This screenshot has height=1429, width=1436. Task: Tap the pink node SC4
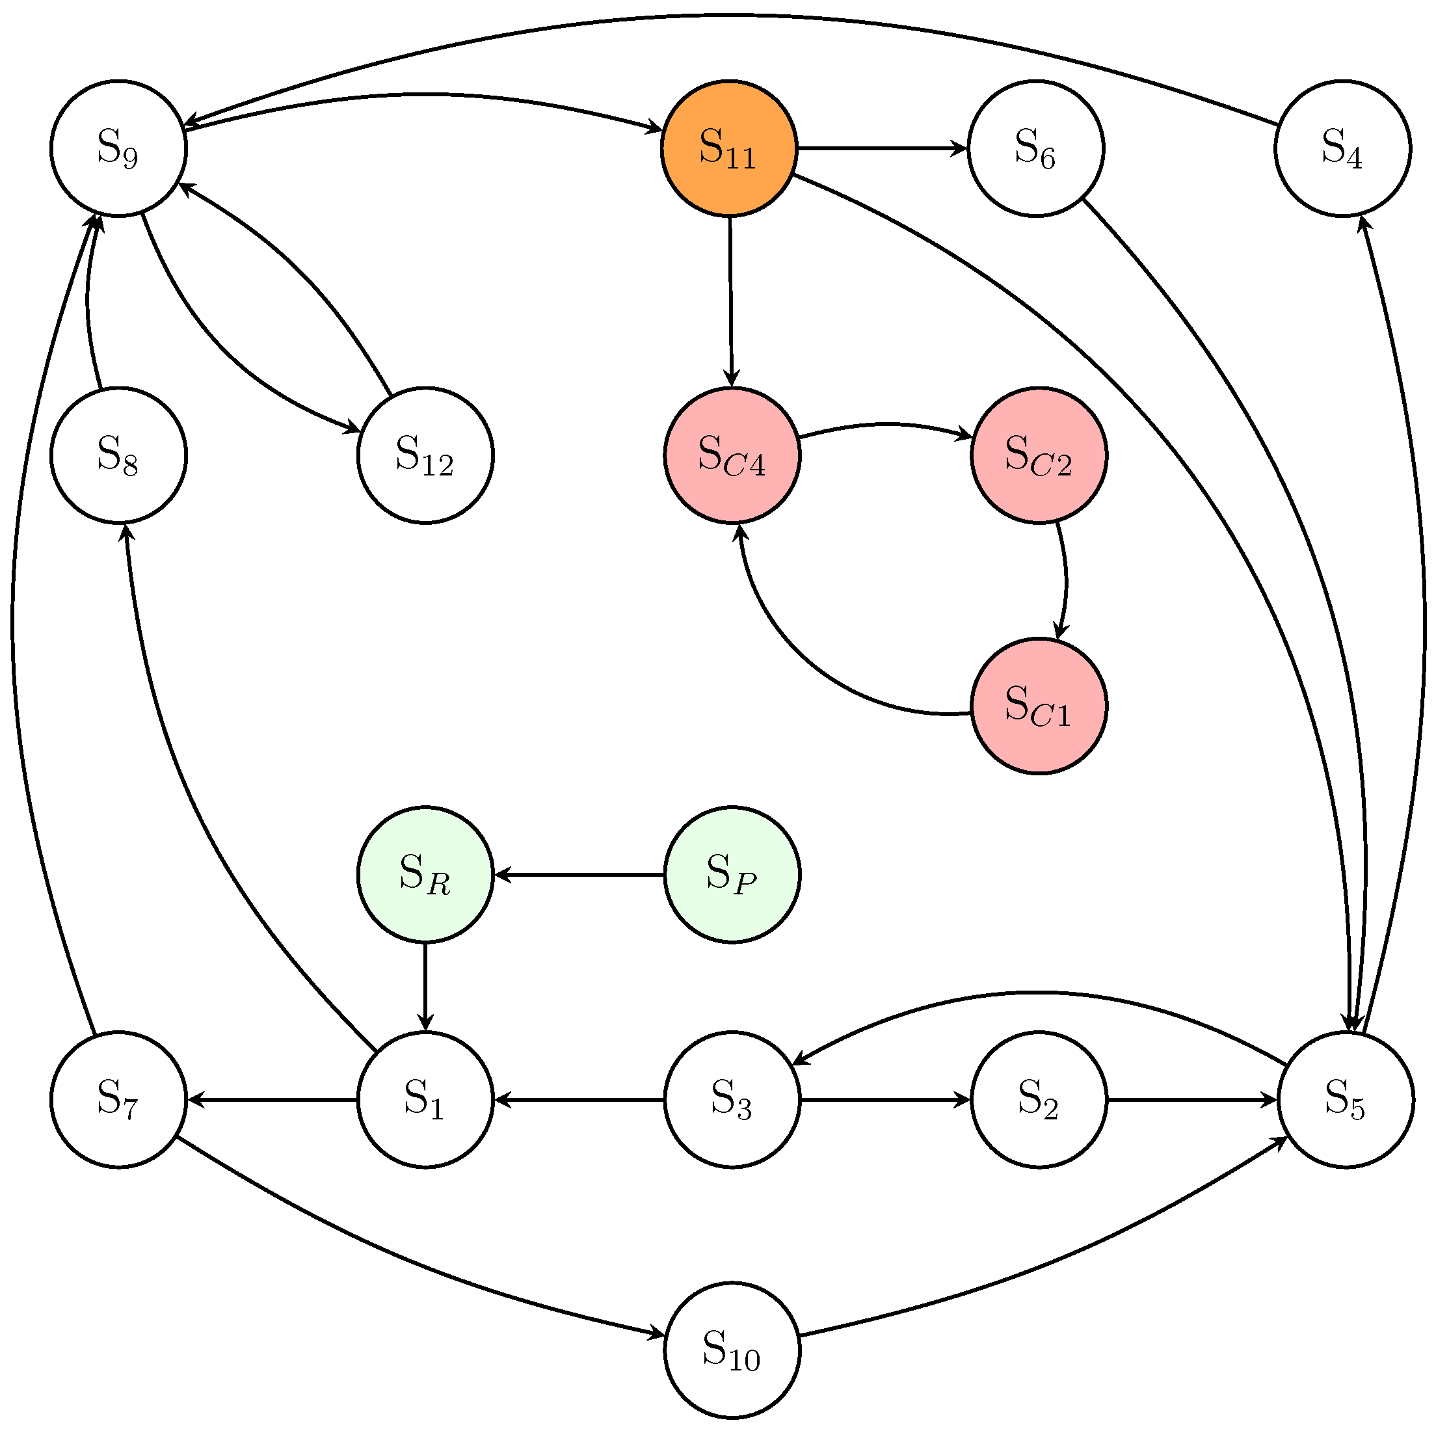coord(732,455)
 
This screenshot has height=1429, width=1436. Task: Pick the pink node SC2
coord(1039,455)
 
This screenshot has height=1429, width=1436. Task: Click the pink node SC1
coord(1039,706)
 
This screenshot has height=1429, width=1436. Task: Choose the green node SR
coord(425,874)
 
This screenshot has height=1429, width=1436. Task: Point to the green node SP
coord(732,874)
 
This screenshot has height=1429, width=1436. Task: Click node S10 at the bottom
coord(732,1350)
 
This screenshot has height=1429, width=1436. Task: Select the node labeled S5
coord(1346,1100)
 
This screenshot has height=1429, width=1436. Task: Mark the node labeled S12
coord(425,455)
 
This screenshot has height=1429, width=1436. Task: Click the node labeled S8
coord(118,455)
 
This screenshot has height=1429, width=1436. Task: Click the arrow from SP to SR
coord(579,875)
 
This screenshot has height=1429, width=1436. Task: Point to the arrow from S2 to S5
coord(1191,1100)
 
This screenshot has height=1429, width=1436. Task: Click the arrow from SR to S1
coord(425,987)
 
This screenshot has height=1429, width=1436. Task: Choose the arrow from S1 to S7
coord(272,1100)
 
